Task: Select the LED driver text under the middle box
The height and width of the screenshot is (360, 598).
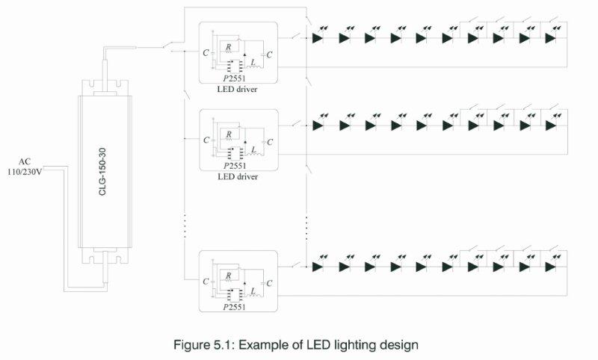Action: [x=237, y=177]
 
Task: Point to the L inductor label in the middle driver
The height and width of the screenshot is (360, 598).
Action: [x=253, y=149]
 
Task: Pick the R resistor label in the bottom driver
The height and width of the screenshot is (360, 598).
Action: [x=229, y=276]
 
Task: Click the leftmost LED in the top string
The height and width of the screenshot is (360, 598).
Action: [x=318, y=37]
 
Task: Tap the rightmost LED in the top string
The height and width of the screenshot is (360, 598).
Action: [x=551, y=37]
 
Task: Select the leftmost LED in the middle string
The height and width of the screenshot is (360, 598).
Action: [x=318, y=125]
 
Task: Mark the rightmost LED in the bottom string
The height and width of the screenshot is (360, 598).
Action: [x=551, y=266]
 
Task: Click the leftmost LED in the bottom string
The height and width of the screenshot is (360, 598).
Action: [x=318, y=266]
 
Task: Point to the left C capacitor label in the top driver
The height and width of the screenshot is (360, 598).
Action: [x=206, y=53]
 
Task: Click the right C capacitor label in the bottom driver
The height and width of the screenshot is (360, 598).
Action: [x=270, y=282]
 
